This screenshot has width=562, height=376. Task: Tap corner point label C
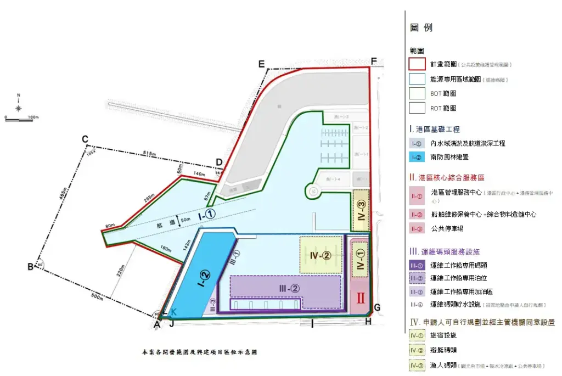[85, 139]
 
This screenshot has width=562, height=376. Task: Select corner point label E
[262, 64]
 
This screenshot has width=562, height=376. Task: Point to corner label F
[374, 61]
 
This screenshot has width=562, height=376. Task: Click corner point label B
[30, 267]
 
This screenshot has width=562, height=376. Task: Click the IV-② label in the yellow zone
[319, 255]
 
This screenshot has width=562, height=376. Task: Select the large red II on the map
[361, 299]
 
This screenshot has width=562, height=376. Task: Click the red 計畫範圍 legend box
[417, 64]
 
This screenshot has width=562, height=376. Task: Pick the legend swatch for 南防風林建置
[417, 158]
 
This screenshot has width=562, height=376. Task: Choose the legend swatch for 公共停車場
[417, 228]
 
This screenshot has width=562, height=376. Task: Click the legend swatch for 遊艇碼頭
[417, 350]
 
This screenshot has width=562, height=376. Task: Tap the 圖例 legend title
[421, 27]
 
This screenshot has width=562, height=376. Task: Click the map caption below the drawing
[199, 352]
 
